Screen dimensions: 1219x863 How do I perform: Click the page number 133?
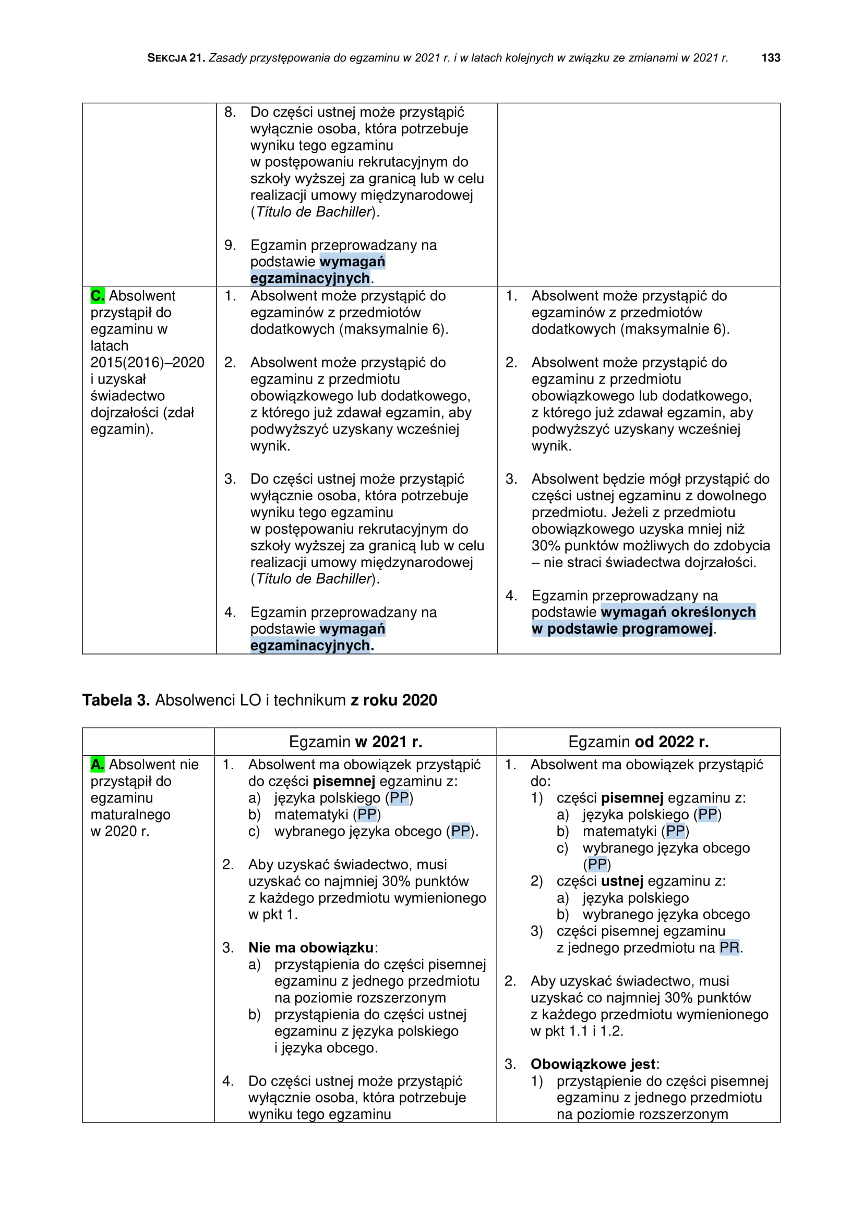point(771,58)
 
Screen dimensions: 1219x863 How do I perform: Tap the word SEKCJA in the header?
point(167,58)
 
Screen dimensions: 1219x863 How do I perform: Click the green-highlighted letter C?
point(97,295)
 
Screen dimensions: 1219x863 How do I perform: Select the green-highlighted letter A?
point(97,765)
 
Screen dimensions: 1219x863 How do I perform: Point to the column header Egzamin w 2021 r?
point(355,742)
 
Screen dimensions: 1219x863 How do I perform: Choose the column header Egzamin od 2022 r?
point(638,742)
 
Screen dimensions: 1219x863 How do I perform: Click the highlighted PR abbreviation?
point(729,947)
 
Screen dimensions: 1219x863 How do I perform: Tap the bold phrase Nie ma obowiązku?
point(311,947)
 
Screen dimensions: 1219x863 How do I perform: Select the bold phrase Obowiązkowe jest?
point(593,1064)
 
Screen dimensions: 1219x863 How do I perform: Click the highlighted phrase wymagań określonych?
point(678,612)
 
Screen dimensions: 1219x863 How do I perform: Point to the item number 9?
point(230,245)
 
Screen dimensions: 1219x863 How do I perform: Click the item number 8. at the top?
point(230,112)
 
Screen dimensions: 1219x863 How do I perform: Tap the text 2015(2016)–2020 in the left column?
point(147,363)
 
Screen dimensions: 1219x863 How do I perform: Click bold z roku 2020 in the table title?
point(394,700)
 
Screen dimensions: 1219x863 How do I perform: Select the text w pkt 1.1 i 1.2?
point(577,1031)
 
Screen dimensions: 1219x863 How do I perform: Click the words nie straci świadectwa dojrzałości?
point(650,562)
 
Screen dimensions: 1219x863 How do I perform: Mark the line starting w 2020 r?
point(120,831)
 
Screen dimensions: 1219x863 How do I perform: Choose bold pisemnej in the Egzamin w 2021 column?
point(344,782)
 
